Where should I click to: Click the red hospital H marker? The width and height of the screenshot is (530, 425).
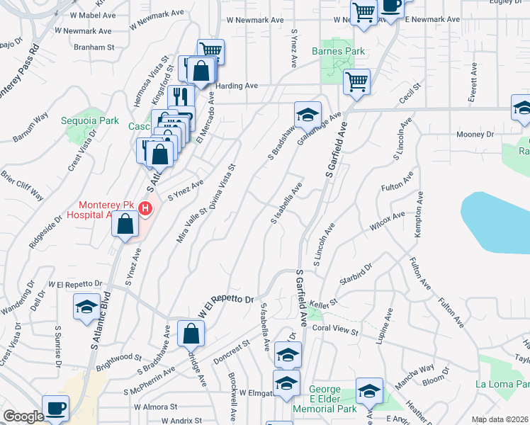[x=145, y=209]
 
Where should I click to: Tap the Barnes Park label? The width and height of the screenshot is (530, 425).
[x=339, y=52]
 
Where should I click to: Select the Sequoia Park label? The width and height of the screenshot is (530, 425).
[x=89, y=120]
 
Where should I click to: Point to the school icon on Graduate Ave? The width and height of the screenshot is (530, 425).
[x=308, y=114]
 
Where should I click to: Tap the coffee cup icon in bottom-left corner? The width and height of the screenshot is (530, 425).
[x=55, y=407]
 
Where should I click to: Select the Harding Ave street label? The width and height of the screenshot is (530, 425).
[x=237, y=86]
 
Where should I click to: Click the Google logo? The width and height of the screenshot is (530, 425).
[x=23, y=416]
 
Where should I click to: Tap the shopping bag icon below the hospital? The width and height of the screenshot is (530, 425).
[x=125, y=225]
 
